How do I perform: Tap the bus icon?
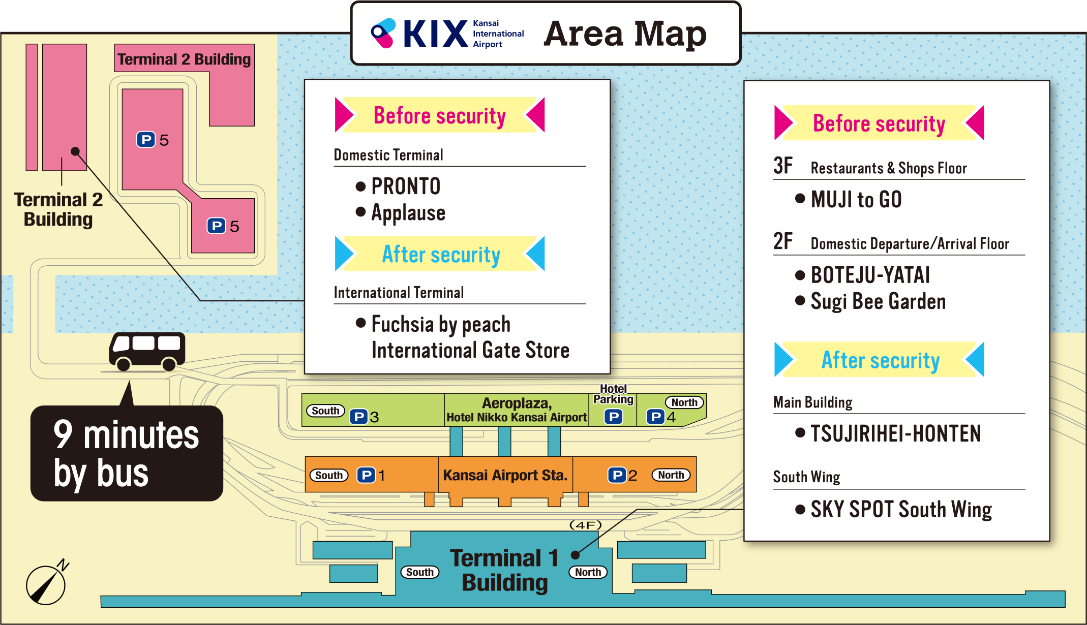pos(147,351)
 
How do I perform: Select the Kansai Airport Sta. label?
pos(505,475)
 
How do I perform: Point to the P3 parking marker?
pos(364,417)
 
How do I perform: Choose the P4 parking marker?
pos(661,417)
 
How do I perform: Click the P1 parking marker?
pos(371,475)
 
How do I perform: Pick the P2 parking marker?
pos(622,475)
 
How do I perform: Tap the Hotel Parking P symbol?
pos(613,417)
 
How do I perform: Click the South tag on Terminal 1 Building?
pos(419,572)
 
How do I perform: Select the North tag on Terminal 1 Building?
pos(588,572)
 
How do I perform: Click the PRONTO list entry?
pos(405,186)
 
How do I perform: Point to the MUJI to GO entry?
pos(856,199)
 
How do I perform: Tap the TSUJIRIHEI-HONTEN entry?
pos(895,433)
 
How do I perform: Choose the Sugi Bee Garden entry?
pos(878,301)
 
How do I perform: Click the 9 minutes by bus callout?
pos(127,453)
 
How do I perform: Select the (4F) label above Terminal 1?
pos(585,525)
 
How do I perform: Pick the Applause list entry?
pos(408,213)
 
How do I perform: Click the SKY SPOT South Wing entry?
pos(901,509)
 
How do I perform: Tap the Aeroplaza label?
pos(517,403)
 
